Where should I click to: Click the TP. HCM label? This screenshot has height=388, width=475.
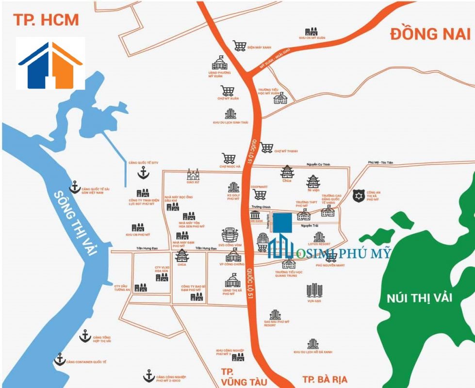click(46, 20)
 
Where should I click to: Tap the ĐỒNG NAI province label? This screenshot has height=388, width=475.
click(430, 33)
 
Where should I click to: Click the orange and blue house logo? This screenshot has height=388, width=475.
click(50, 64)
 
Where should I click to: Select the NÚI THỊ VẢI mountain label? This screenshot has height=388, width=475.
click(419, 297)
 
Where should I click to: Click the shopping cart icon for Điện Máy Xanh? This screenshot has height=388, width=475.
click(239, 46)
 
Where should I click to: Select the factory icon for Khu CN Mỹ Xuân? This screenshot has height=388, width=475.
click(311, 32)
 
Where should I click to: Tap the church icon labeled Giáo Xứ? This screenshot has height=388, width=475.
click(193, 175)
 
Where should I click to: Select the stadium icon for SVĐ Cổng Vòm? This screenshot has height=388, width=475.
click(230, 235)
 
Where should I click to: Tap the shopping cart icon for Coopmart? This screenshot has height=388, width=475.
click(260, 194)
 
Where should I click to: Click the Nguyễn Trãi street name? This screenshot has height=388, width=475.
click(309, 225)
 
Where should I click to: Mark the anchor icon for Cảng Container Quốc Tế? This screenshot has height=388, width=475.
click(59, 359)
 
